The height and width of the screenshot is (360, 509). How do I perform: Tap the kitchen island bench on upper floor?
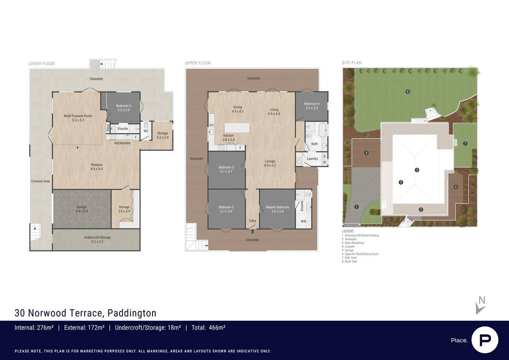pyautogui.click(x=237, y=128)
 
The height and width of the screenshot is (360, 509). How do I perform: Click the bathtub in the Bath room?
pyautogui.click(x=322, y=130)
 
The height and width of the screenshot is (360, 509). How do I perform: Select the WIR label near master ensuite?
pyautogui.click(x=303, y=221)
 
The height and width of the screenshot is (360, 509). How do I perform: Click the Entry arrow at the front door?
pyautogui.click(x=253, y=231)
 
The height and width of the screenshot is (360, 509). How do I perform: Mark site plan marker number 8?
pyautogui.click(x=407, y=92)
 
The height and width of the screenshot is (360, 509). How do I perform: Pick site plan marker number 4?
pyautogui.click(x=366, y=153)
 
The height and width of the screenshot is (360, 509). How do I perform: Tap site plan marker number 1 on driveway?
pyautogui.click(x=356, y=207)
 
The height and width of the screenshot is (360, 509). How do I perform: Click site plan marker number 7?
pyautogui.click(x=465, y=144)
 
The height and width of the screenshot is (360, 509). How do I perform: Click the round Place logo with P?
pyautogui.click(x=485, y=340)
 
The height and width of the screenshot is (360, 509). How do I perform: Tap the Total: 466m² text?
pyautogui.click(x=208, y=328)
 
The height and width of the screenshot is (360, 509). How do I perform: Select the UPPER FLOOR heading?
pyautogui.click(x=198, y=63)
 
